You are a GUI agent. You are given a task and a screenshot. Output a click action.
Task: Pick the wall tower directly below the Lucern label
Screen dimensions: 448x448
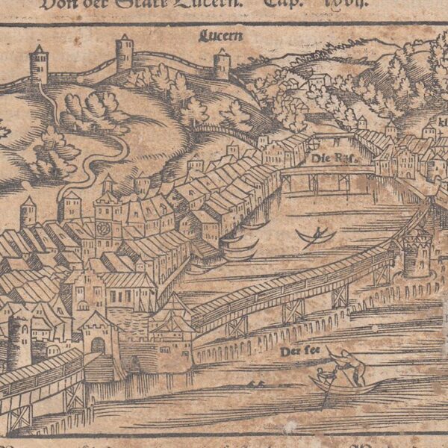click(x=222, y=64)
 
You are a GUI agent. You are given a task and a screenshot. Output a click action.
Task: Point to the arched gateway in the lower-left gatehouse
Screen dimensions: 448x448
click(x=98, y=345)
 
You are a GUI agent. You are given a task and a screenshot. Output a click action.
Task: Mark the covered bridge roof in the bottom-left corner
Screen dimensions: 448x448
click(x=37, y=373)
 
